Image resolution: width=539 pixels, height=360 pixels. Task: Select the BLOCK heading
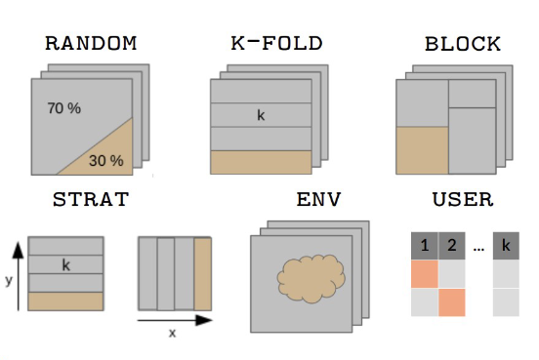(x=463, y=44)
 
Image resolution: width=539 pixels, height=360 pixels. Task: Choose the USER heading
(x=463, y=202)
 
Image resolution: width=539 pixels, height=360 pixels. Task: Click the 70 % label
(x=64, y=108)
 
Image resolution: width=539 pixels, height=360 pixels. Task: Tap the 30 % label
(x=106, y=160)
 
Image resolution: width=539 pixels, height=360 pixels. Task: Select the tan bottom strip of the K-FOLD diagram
(x=260, y=162)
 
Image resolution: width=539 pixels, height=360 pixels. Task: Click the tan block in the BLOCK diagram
(x=422, y=149)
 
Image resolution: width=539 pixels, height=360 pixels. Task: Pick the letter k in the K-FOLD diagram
(x=261, y=115)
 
